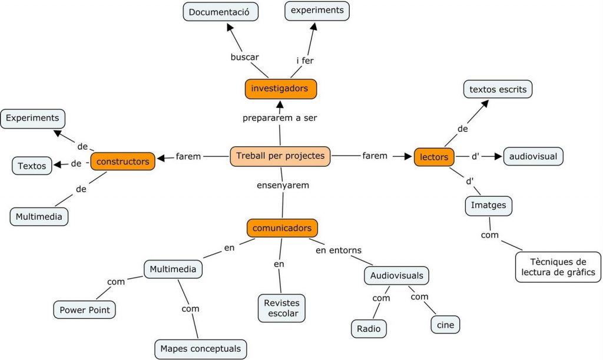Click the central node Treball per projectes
tap(280, 156)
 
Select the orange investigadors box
tap(280, 89)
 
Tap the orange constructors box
tap(122, 161)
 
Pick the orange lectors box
tap(435, 157)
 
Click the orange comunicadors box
tap(283, 228)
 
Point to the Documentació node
tap(220, 11)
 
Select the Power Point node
tap(85, 309)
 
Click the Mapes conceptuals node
tap(200, 349)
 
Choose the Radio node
tap(369, 329)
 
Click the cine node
tap(445, 324)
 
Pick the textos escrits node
tap(498, 90)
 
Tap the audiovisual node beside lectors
tap(533, 157)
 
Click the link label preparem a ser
tap(280, 118)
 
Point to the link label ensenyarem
tap(283, 185)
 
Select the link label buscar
tap(244, 57)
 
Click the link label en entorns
tap(339, 250)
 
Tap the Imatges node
tap(488, 206)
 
